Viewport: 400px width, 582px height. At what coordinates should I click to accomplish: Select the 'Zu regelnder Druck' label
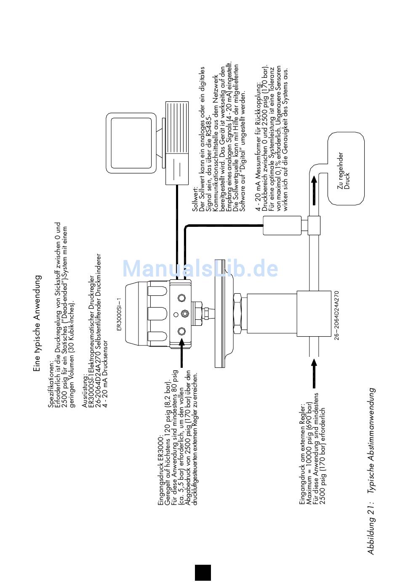click(344, 171)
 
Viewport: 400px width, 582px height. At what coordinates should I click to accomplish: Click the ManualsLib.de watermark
click(200, 268)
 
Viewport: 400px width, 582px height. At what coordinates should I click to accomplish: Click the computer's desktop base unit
click(177, 143)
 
